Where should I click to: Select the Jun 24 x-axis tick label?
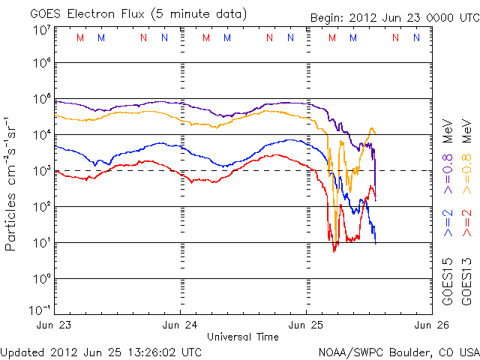(x=181, y=325)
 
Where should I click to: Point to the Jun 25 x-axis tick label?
(x=306, y=325)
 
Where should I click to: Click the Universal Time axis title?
(x=243, y=336)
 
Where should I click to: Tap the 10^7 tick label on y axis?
(x=40, y=30)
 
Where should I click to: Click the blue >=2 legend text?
(x=448, y=223)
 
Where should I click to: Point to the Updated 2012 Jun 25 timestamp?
(x=101, y=351)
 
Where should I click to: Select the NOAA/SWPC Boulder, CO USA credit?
(x=398, y=351)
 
